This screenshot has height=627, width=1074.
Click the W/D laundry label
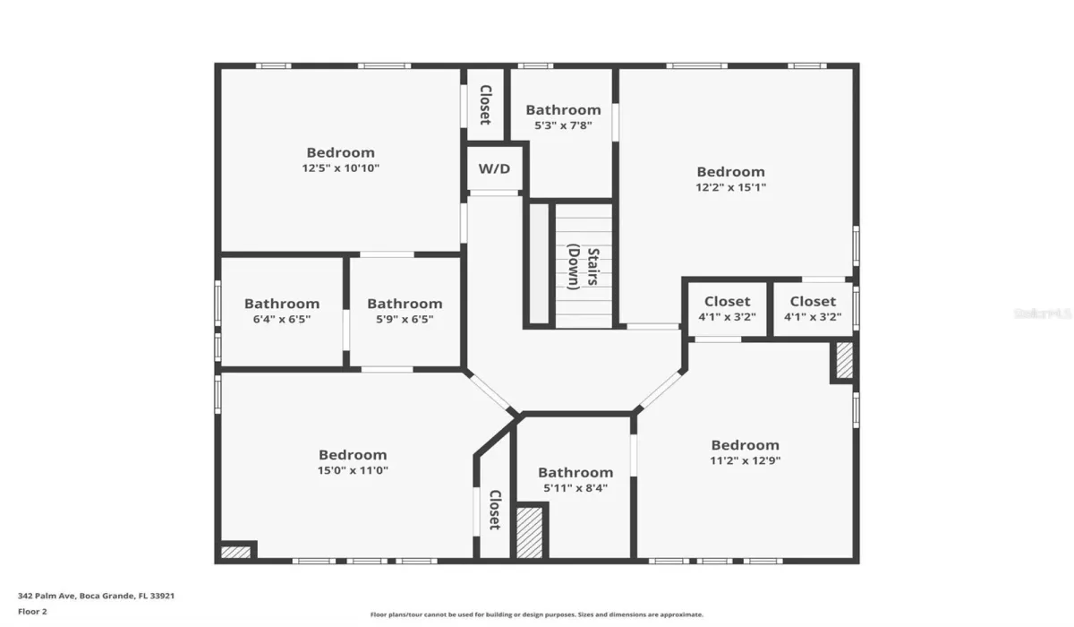[x=494, y=169]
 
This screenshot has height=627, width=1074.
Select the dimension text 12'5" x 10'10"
[x=340, y=167]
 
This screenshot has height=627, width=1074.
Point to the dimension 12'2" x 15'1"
[x=730, y=187]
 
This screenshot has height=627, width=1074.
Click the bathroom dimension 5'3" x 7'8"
[x=563, y=125]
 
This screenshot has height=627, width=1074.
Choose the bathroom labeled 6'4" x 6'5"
[x=281, y=319]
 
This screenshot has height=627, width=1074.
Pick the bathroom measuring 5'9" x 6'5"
[x=405, y=319]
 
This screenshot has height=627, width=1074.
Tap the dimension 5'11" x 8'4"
[x=575, y=488]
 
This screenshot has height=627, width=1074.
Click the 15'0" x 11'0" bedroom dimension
[x=353, y=470]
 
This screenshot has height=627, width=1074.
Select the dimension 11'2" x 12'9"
[x=745, y=460]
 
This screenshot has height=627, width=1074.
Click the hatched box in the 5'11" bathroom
[x=529, y=532]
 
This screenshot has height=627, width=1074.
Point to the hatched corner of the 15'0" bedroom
[x=235, y=552]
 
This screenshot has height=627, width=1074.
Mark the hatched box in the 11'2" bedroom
[x=844, y=360]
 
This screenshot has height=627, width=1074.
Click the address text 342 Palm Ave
[x=46, y=596]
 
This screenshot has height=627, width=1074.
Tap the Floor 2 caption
[x=32, y=612]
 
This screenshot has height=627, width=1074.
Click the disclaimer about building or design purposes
[x=536, y=614]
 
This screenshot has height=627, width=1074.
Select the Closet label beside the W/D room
[x=485, y=105]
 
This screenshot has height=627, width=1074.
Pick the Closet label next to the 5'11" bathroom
[x=495, y=510]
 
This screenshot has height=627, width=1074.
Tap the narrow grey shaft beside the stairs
[x=539, y=264]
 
